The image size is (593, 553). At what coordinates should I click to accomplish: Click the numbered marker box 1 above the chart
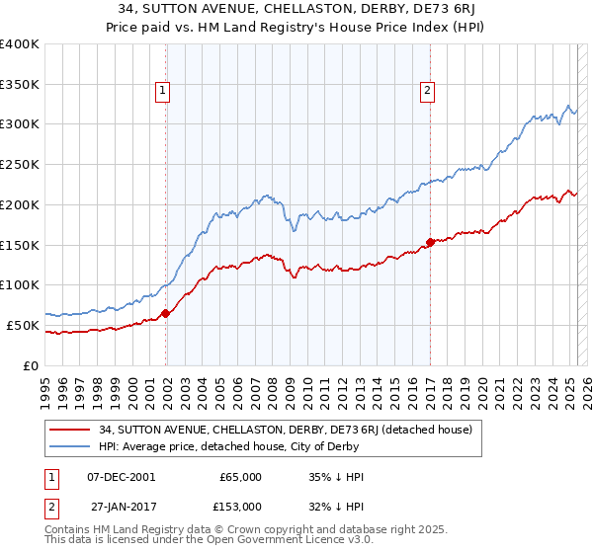[163, 91]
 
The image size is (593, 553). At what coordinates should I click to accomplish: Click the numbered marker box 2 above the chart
[427, 91]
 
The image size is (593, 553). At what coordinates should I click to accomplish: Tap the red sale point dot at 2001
[165, 314]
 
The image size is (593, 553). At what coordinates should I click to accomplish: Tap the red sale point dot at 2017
[430, 242]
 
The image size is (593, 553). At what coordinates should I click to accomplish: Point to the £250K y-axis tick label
[20, 164]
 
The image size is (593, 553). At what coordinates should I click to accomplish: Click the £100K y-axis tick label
[20, 284]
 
